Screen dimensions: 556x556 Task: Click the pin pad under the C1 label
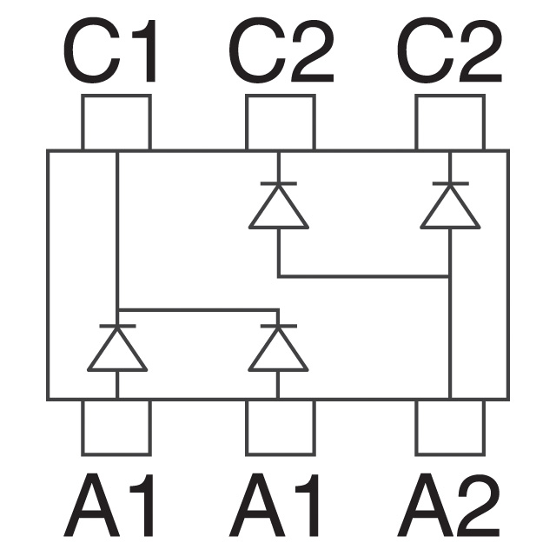tap(116, 122)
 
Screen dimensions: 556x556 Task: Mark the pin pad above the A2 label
tap(450, 427)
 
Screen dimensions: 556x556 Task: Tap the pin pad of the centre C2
tap(279, 122)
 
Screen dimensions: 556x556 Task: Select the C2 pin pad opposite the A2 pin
tap(450, 122)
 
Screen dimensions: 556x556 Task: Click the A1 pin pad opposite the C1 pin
tap(116, 427)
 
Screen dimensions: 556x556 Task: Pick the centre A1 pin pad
tap(279, 427)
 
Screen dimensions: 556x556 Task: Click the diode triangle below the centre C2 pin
tap(279, 208)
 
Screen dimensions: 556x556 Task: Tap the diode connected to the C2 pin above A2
tap(450, 208)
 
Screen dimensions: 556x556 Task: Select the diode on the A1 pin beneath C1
tap(117, 351)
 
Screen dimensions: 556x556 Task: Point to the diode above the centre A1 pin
tap(278, 351)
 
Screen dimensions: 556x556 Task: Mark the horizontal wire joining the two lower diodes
tap(197, 308)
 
